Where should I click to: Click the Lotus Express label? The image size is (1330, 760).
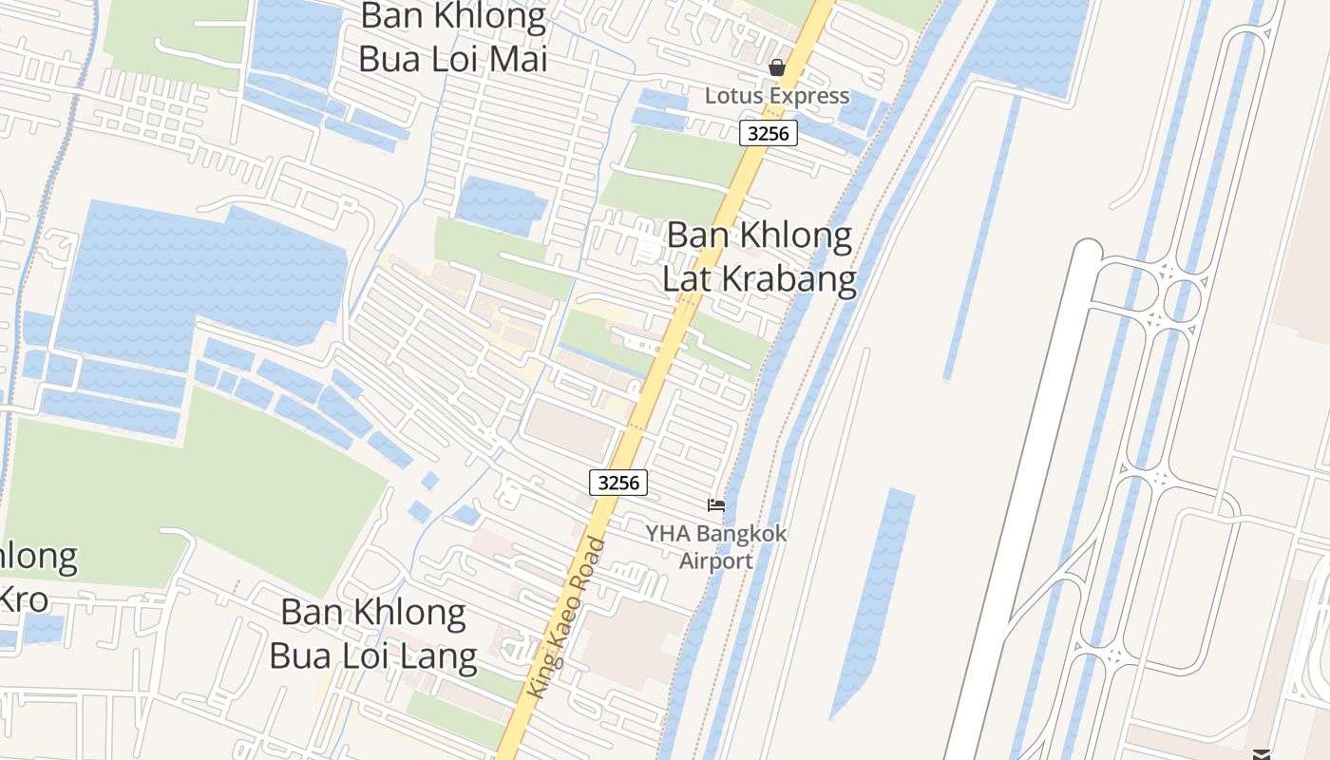776,96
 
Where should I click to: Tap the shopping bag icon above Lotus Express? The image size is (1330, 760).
776,67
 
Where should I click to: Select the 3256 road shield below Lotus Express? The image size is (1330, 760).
768,133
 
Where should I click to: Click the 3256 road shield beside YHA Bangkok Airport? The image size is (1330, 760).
618,483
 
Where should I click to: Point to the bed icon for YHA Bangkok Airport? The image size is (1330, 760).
716,504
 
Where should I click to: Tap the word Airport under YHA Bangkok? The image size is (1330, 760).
716,560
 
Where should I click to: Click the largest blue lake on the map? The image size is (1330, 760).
199,280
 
